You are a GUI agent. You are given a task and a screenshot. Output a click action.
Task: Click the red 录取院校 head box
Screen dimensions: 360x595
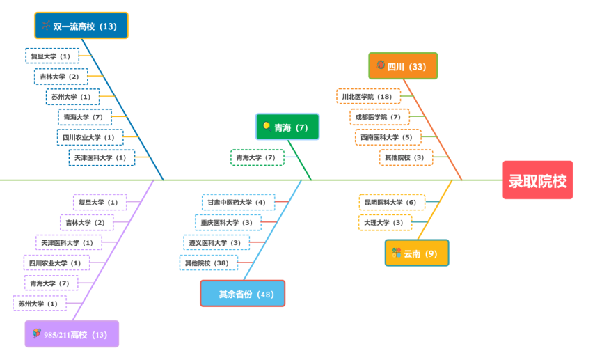click(x=537, y=180)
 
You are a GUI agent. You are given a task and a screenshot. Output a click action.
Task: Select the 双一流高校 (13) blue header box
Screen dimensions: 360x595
click(x=81, y=26)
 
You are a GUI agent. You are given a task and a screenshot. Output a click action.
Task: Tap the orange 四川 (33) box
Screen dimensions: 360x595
click(x=403, y=66)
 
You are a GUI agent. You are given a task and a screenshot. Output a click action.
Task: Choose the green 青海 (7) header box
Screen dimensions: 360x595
click(x=287, y=127)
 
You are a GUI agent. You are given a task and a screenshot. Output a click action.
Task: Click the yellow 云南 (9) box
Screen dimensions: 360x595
click(x=417, y=253)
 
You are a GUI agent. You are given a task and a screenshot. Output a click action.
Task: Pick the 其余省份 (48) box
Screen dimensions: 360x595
click(x=242, y=293)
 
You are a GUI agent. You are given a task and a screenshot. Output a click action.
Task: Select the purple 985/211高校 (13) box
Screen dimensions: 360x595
click(x=72, y=334)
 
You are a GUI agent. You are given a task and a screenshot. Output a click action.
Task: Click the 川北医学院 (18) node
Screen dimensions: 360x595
click(x=368, y=96)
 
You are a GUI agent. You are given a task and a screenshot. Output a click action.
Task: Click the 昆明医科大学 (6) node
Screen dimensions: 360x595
click(x=392, y=202)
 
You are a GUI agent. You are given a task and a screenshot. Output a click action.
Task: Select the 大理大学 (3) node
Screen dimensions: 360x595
click(x=384, y=222)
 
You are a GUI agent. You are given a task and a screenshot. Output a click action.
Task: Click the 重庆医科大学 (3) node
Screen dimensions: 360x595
click(x=228, y=222)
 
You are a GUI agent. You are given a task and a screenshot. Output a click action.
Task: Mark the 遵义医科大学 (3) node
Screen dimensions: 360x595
click(x=216, y=242)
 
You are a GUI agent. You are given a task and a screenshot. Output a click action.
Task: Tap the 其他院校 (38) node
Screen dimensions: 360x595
click(x=208, y=263)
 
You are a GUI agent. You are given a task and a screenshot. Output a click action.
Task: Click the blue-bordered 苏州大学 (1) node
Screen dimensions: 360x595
click(x=72, y=97)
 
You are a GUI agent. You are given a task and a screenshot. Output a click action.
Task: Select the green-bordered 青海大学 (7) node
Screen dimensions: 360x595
click(x=257, y=157)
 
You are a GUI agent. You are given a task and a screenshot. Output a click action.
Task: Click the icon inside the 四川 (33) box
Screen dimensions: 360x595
click(x=381, y=65)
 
